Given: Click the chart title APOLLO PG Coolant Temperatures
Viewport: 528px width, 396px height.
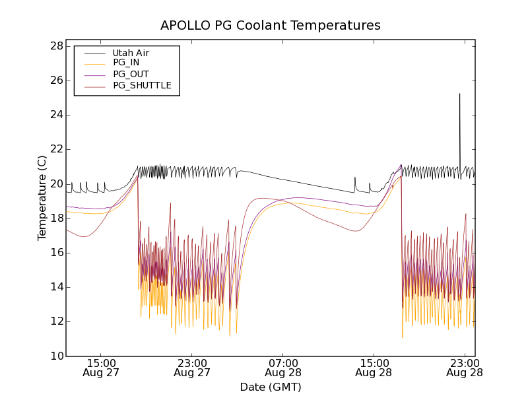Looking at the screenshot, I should pyautogui.click(x=271, y=25).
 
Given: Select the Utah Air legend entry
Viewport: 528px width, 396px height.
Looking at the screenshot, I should pyautogui.click(x=131, y=53).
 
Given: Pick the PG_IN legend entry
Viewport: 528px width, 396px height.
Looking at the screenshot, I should pyautogui.click(x=126, y=63).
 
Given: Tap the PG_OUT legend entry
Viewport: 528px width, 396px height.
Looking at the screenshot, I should pyautogui.click(x=131, y=74).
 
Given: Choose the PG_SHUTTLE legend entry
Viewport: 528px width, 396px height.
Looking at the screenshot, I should pyautogui.click(x=142, y=85).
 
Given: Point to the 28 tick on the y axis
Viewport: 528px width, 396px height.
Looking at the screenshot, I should pyautogui.click(x=57, y=46).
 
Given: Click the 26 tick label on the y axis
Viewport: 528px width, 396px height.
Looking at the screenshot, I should pyautogui.click(x=57, y=81).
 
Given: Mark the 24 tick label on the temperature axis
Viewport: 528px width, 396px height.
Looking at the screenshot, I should pyautogui.click(x=57, y=115).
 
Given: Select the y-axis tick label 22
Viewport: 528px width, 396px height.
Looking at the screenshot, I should pyautogui.click(x=57, y=149).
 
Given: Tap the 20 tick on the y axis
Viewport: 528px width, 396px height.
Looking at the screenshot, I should pyautogui.click(x=57, y=183).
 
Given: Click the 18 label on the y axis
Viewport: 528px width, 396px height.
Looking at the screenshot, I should pyautogui.click(x=57, y=218).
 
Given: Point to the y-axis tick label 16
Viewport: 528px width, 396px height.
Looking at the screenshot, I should pyautogui.click(x=57, y=252).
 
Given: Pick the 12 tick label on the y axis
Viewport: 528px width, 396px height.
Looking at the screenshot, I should pyautogui.click(x=57, y=321).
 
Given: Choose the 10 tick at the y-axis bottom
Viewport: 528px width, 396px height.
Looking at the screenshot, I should pyautogui.click(x=57, y=356).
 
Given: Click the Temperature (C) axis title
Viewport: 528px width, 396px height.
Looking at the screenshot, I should pyautogui.click(x=42, y=198).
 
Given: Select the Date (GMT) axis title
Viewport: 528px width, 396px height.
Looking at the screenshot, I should pyautogui.click(x=271, y=387).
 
